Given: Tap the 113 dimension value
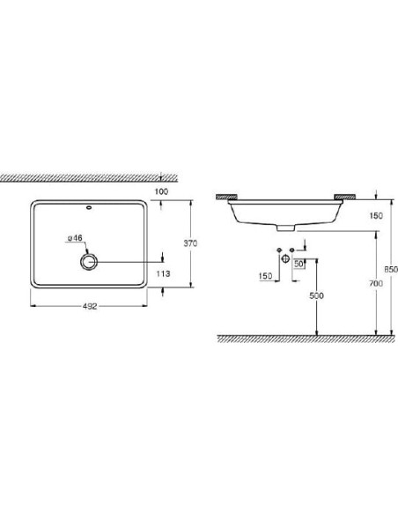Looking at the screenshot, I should point(163,273).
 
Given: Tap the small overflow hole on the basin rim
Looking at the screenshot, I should point(90,210).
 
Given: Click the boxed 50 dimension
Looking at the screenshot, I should point(299,263).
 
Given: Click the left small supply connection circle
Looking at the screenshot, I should point(278,252).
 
